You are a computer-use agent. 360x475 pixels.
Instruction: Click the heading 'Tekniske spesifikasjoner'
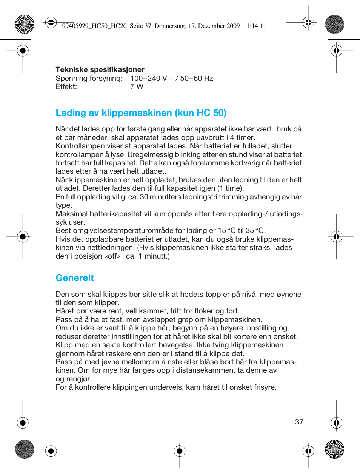click(100, 69)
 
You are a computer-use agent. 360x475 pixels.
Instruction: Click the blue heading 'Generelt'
click(75, 278)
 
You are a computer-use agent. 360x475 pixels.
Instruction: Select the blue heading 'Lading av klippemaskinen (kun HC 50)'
click(141, 113)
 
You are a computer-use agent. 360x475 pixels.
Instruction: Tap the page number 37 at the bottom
click(299, 422)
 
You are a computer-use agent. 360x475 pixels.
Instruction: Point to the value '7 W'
click(137, 86)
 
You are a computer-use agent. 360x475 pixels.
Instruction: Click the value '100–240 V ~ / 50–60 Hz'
click(171, 78)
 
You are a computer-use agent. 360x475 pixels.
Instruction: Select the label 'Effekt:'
click(66, 86)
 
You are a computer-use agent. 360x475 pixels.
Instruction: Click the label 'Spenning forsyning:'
click(89, 78)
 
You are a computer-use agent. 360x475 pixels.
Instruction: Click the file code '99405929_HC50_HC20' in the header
click(94, 26)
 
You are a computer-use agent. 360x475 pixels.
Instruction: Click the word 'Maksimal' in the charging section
click(71, 214)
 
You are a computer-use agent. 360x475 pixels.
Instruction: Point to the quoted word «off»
click(112, 256)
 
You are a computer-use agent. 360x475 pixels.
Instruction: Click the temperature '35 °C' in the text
click(255, 231)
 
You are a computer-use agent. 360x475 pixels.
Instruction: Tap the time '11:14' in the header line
click(250, 26)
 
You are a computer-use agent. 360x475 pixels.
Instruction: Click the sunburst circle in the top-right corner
click(334, 24)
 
